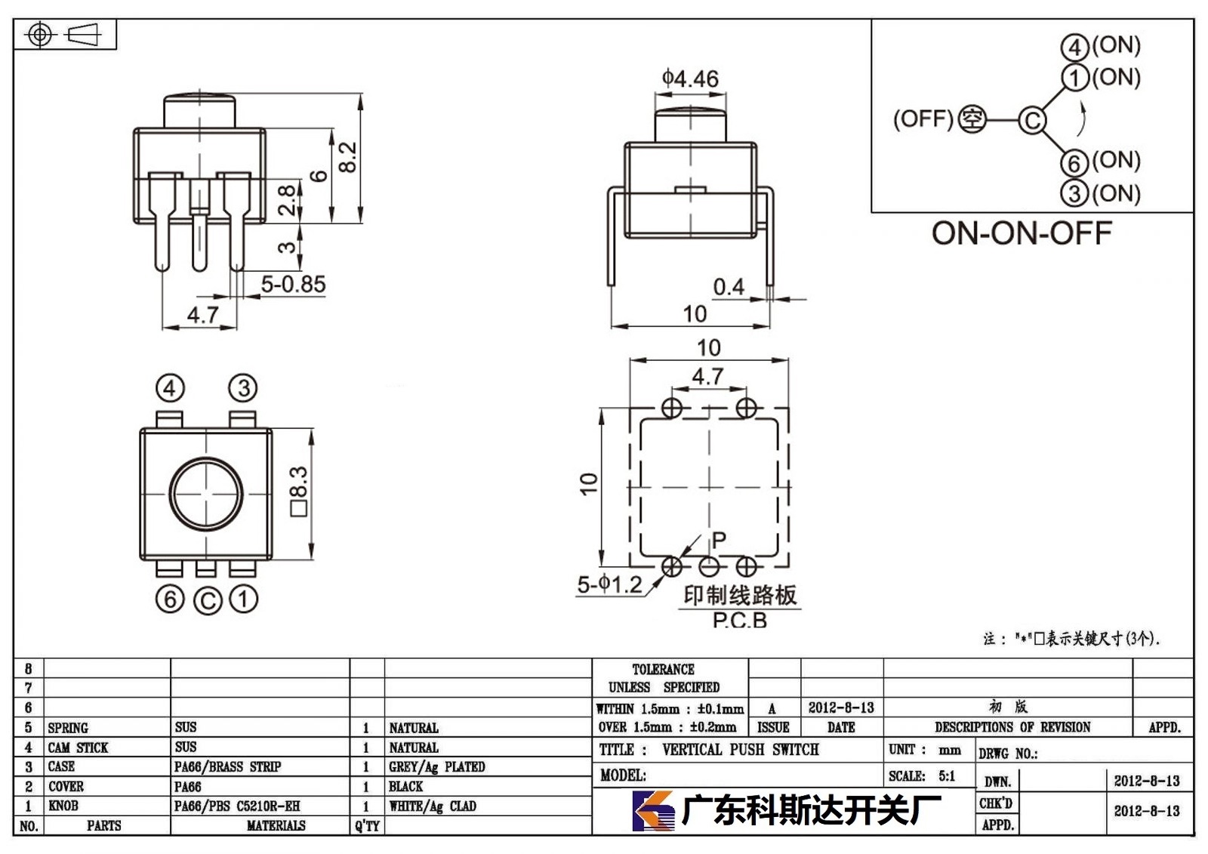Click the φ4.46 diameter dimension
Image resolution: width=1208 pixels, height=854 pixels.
690,79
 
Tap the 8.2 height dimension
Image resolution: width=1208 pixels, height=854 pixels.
348,157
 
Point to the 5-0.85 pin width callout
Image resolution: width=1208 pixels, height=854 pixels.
294,285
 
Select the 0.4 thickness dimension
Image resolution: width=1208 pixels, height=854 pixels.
729,287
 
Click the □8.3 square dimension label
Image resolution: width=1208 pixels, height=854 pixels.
299,492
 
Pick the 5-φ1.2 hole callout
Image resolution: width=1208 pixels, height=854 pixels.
609,584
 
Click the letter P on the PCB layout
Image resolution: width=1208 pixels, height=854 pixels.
719,540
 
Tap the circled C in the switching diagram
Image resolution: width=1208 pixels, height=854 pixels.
1032,120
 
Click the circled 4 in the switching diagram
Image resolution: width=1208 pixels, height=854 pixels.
1075,48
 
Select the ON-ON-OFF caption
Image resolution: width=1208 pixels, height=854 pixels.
1022,233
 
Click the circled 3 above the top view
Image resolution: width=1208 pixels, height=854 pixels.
243,388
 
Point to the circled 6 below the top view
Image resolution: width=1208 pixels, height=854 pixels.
170,600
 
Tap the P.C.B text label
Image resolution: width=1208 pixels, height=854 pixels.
739,621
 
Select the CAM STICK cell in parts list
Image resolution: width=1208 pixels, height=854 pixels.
79,748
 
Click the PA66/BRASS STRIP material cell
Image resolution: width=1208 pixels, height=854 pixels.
227,766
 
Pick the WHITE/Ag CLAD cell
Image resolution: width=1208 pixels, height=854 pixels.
433,806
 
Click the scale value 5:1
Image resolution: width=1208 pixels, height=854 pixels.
947,775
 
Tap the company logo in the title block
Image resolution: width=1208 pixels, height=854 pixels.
653,811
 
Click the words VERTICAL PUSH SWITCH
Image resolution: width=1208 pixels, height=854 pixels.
741,750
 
